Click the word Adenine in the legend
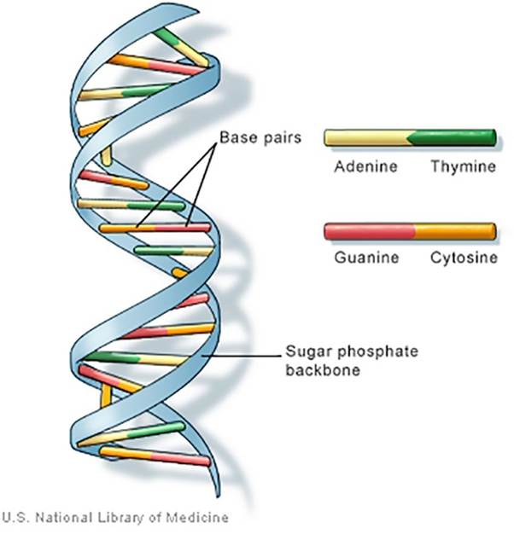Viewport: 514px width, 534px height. [366, 166]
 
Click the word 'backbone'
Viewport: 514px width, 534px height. [321, 371]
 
